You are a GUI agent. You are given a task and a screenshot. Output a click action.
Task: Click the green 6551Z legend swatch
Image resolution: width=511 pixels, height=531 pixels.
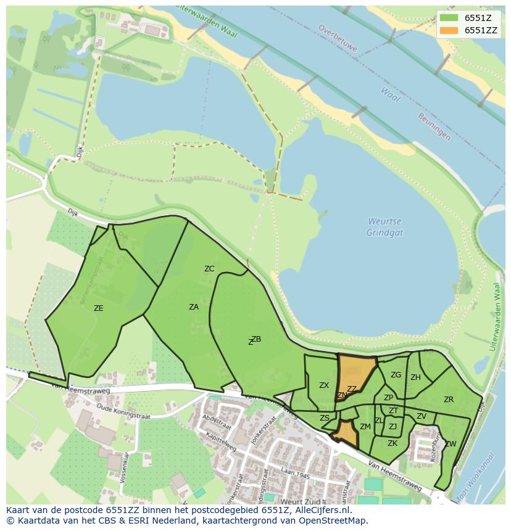pyautogui.click(x=449, y=18)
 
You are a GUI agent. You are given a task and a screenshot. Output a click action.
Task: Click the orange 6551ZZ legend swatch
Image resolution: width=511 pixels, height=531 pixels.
pyautogui.click(x=449, y=30)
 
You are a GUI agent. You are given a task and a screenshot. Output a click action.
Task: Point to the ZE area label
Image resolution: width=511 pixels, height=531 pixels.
pyautogui.click(x=98, y=308)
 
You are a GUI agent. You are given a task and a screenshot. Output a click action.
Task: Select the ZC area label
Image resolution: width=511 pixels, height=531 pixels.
pyautogui.click(x=209, y=268)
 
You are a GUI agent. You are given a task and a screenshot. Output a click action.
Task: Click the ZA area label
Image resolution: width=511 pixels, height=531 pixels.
pyautogui.click(x=194, y=307)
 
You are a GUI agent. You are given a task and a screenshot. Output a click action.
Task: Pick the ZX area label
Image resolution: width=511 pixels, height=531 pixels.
pyautogui.click(x=324, y=385)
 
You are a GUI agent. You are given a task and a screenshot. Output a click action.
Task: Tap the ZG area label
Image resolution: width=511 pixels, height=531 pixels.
pyautogui.click(x=396, y=374)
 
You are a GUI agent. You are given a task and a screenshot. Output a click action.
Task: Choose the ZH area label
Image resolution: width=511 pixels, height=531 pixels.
pyautogui.click(x=415, y=377)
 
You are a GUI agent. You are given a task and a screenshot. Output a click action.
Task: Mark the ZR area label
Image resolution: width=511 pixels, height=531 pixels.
pyautogui.click(x=449, y=399)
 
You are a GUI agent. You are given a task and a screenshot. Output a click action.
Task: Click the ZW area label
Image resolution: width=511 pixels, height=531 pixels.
pyautogui.click(x=451, y=443)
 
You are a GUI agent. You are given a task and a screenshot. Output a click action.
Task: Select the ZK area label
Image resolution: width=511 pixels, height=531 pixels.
pyautogui.click(x=393, y=443)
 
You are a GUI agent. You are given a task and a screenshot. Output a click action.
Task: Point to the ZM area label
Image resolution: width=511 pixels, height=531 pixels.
pyautogui.click(x=365, y=426)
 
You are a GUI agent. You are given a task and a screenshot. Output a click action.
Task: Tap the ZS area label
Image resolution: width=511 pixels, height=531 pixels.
pyautogui.click(x=325, y=418)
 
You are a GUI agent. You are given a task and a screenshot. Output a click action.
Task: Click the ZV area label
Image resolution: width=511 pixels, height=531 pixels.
pyautogui.click(x=421, y=416)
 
